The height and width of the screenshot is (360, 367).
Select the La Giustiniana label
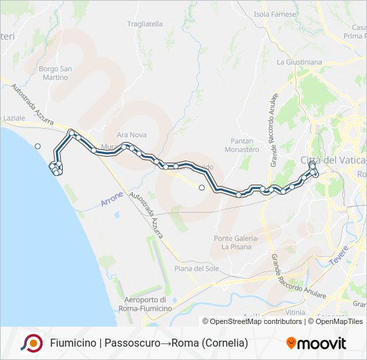(x=299, y=62)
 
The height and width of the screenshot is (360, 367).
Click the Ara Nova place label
(x=131, y=135)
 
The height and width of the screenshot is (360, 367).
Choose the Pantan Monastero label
(x=245, y=145)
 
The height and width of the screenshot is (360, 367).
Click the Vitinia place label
(x=294, y=311)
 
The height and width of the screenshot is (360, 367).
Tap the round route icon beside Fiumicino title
(x=31, y=343)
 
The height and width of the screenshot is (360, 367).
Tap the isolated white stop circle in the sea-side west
(x=38, y=146)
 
